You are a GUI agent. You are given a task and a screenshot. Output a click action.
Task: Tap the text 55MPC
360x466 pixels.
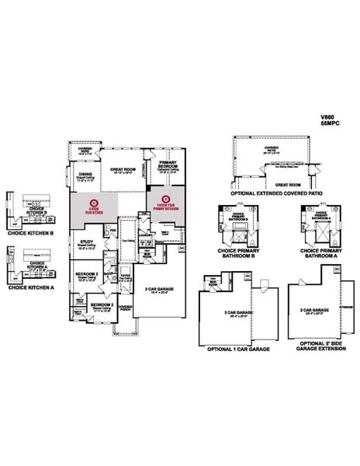(x=329, y=124)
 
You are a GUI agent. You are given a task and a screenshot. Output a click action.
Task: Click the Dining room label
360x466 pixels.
(x=85, y=175)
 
